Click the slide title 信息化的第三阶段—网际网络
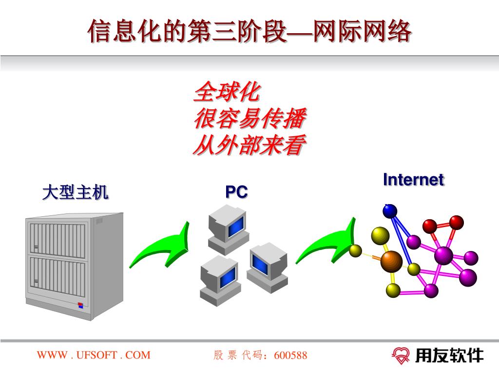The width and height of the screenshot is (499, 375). pyautogui.click(x=249, y=31)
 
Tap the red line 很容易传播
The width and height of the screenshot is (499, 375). pyautogui.click(x=250, y=119)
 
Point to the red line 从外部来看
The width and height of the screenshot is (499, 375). pyautogui.click(x=250, y=146)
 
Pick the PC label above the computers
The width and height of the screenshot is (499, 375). pyautogui.click(x=236, y=192)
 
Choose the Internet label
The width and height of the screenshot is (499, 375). pyautogui.click(x=413, y=180)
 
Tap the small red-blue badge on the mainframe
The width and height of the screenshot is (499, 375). pyautogui.click(x=81, y=306)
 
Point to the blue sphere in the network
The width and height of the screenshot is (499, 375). pyautogui.click(x=390, y=210)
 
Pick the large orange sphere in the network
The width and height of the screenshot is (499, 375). pyautogui.click(x=391, y=261)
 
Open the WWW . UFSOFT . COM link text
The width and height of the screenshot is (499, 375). pyautogui.click(x=94, y=355)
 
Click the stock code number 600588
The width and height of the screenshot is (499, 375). pyautogui.click(x=291, y=355)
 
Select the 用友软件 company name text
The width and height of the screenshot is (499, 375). pyautogui.click(x=449, y=355)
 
